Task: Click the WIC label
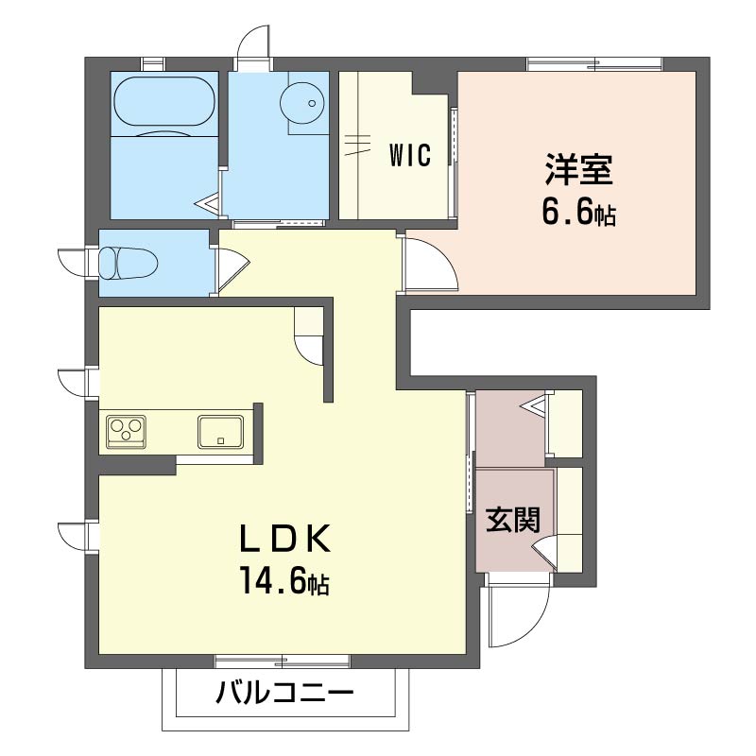coord(409,155)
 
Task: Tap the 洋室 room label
coord(578,170)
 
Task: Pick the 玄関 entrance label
coord(513,519)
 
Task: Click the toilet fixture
coord(129,262)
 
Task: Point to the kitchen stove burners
coord(127,432)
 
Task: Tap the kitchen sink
coord(221,432)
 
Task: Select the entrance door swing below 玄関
coord(518,614)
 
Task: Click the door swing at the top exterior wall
coord(255,43)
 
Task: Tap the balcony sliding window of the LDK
coord(283,661)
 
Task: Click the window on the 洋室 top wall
coord(594,63)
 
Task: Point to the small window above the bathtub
coord(152,63)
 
